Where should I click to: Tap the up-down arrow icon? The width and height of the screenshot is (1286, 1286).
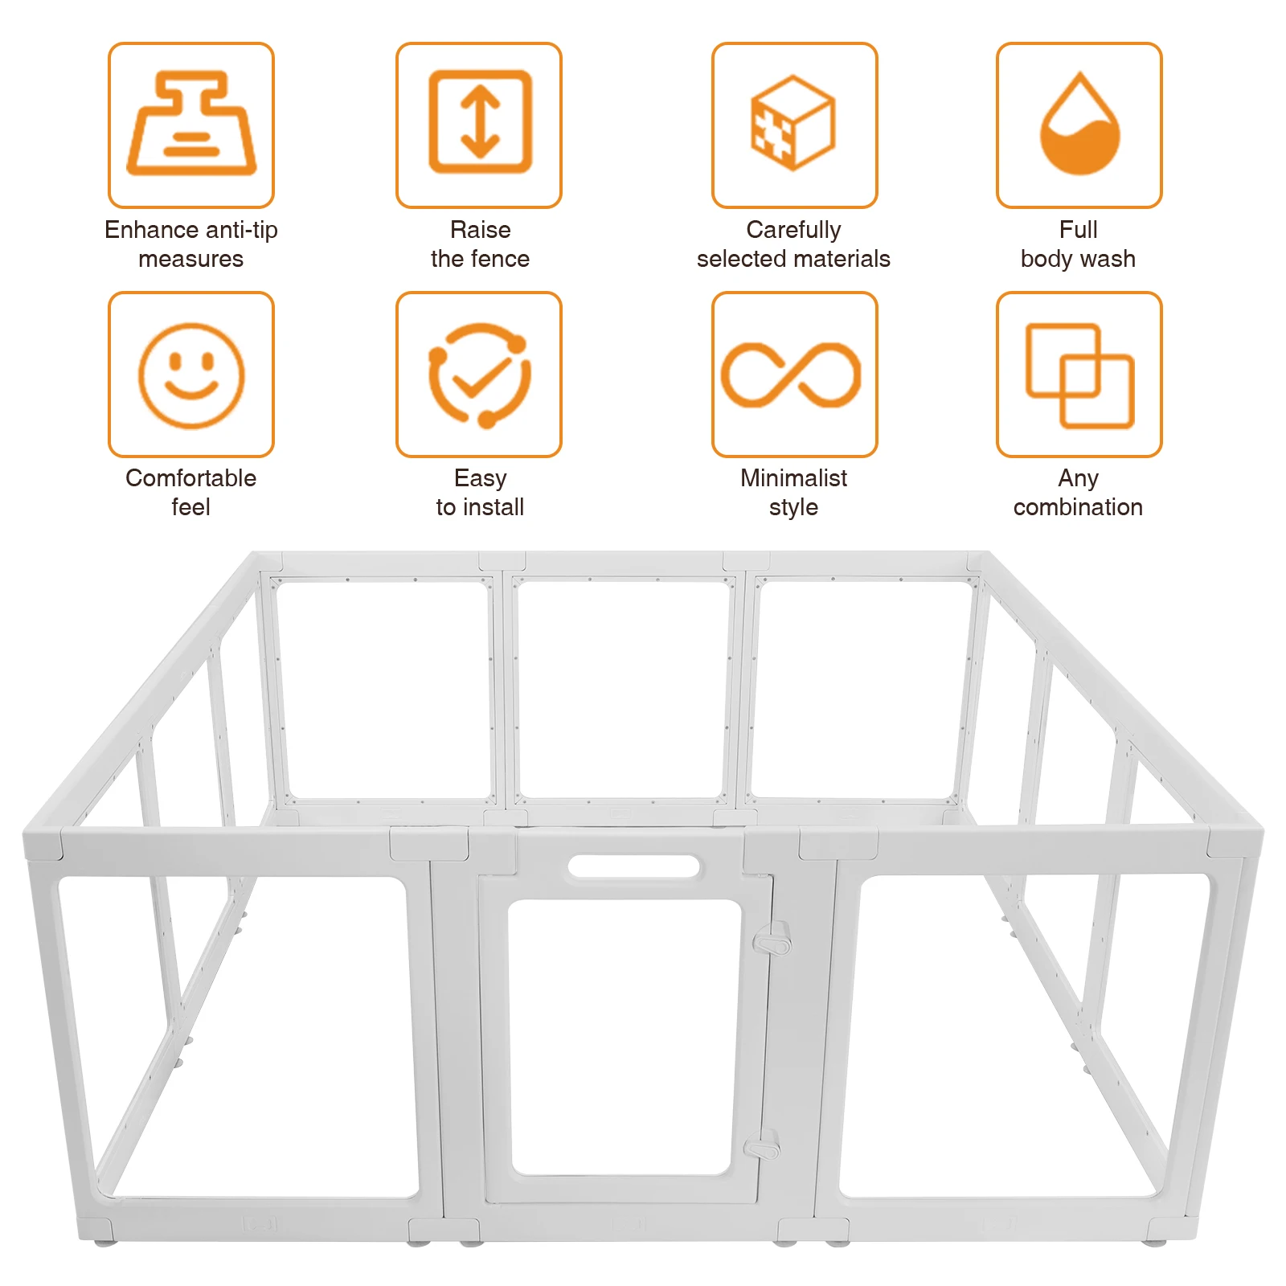pos(480,122)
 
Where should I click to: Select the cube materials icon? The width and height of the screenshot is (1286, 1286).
pos(793,122)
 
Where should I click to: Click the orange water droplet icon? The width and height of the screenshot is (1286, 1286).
pos(1079,125)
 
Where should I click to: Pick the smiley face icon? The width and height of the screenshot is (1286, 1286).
pos(191,375)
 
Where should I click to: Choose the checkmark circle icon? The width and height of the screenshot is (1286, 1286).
pos(480,375)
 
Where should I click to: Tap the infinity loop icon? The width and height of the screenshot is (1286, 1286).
pos(792,375)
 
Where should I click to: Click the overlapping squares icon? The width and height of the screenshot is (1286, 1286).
pos(1079,375)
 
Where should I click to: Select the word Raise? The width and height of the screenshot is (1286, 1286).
pos(480,230)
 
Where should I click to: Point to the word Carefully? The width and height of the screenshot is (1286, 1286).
pos(793,230)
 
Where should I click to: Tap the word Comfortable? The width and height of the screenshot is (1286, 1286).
pos(191,478)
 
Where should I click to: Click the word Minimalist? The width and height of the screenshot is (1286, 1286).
pos(793,478)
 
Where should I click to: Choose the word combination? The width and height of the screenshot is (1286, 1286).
pos(1078,507)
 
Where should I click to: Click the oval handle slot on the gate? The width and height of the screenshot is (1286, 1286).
pos(633,866)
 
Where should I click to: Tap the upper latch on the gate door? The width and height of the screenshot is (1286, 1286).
pos(772,939)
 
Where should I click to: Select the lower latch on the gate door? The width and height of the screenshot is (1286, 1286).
pos(763,1146)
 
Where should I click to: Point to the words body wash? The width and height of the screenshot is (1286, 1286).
pos(1078,259)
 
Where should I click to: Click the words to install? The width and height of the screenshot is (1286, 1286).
pos(480,507)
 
